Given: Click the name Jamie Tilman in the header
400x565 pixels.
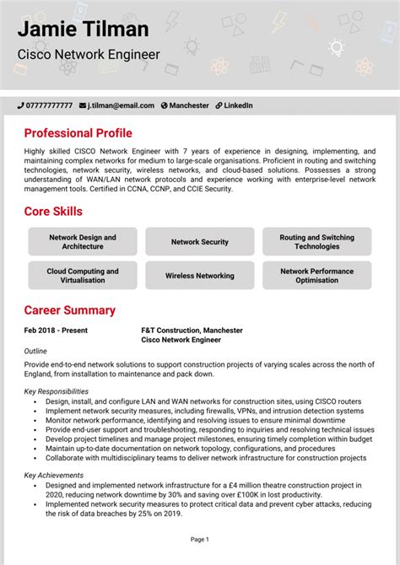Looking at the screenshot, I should pos(84,30).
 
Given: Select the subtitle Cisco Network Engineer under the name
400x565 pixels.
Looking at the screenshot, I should pos(89,55).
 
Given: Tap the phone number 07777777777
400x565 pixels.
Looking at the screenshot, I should pos(50,105).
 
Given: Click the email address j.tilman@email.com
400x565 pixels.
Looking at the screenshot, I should pos(122,105).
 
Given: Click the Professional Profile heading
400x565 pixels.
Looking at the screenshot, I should pos(78,133).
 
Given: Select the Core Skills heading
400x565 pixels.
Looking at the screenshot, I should pos(53,211).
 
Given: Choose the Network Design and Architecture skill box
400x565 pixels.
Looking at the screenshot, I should pos(83,242).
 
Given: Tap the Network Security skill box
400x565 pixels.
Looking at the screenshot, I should pos(200,242).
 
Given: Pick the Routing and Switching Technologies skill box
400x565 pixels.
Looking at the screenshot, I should pos(316,242).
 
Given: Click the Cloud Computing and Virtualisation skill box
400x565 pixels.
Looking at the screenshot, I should pos(83,276).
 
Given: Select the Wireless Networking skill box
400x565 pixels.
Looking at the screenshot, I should pos(200,276).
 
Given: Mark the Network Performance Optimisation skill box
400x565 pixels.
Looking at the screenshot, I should pos(316,276).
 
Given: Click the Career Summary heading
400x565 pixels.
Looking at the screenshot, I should pos(69,310).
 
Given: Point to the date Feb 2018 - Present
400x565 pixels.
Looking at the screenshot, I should pos(56,331).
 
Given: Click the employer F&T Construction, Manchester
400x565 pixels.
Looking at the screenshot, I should pos(192,331).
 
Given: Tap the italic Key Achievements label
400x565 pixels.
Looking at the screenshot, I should pos(53,476).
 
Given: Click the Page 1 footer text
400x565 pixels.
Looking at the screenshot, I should pos(200,539).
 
